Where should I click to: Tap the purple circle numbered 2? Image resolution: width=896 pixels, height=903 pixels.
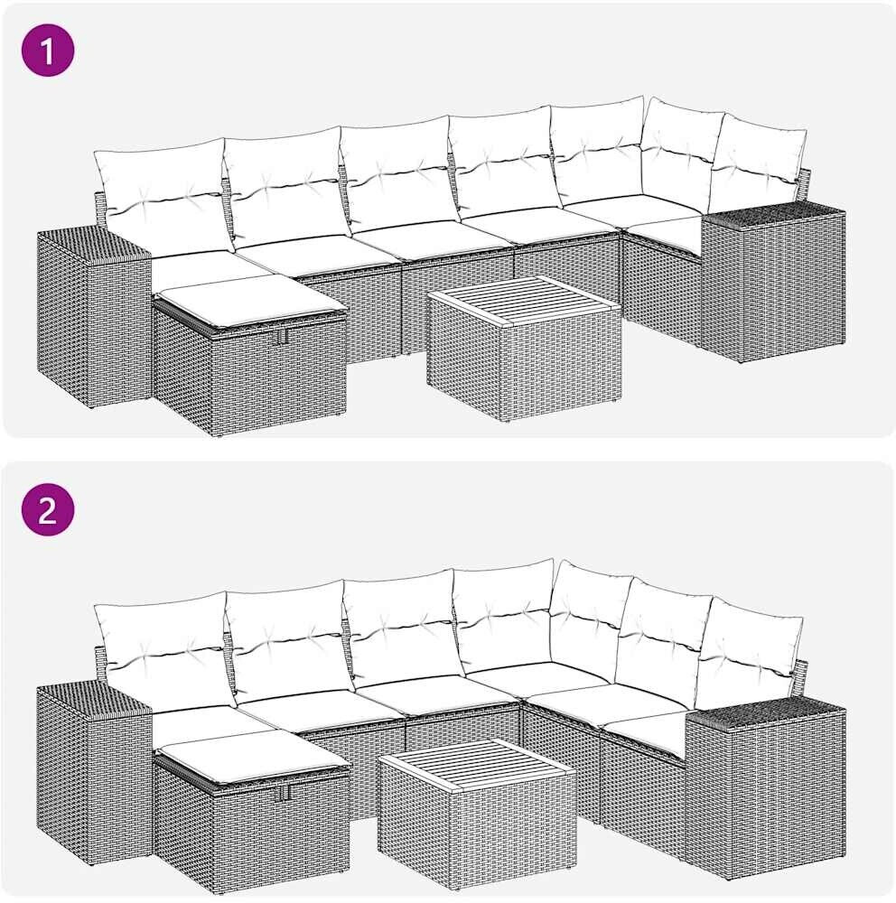[48, 509]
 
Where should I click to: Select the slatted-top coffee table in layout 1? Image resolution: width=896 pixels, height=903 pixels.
[525, 349]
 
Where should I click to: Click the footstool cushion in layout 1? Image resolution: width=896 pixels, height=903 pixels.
[251, 304]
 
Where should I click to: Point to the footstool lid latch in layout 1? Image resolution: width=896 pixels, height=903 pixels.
[281, 338]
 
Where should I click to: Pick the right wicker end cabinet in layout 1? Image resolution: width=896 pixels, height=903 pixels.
[773, 284]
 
